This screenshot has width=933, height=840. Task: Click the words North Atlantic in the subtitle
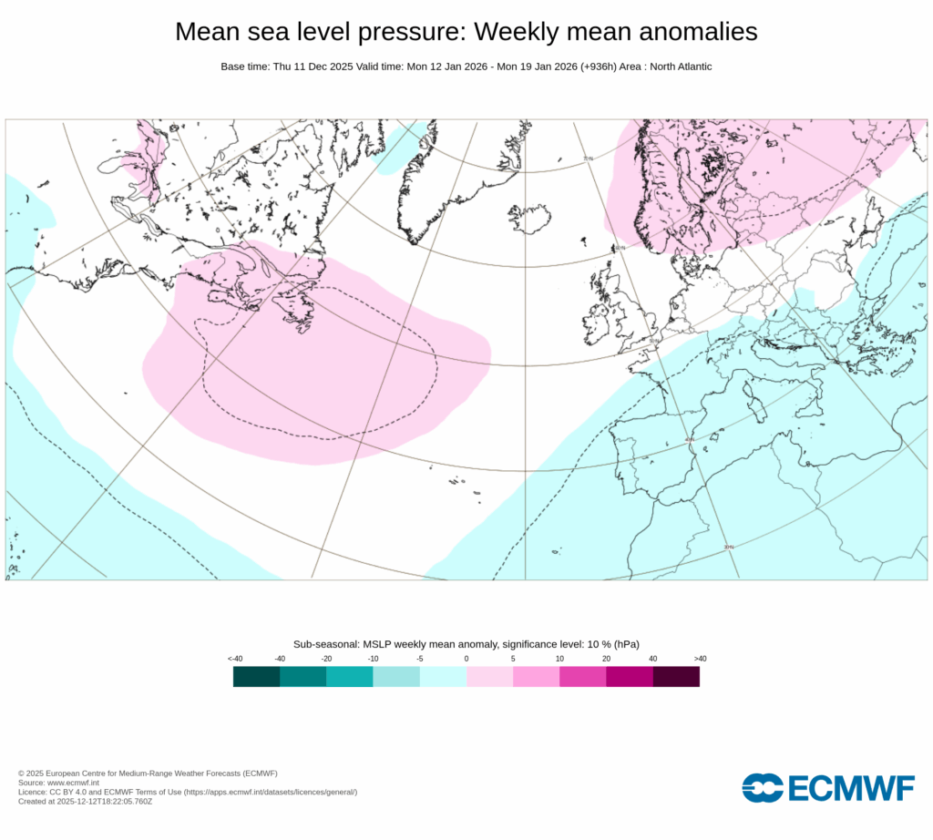[678, 67]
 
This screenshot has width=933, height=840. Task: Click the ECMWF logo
[827, 788]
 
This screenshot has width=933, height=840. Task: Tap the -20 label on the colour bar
[326, 659]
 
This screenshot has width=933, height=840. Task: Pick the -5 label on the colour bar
[419, 659]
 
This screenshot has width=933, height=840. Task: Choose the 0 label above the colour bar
[466, 659]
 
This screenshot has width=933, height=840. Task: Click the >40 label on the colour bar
[700, 659]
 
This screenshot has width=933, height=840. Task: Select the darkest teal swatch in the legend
[256, 676]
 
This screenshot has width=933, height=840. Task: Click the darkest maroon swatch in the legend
[676, 676]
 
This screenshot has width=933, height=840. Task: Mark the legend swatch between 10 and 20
[583, 676]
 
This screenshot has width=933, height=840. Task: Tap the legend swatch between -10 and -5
[396, 676]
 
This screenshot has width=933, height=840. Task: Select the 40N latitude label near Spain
[690, 439]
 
